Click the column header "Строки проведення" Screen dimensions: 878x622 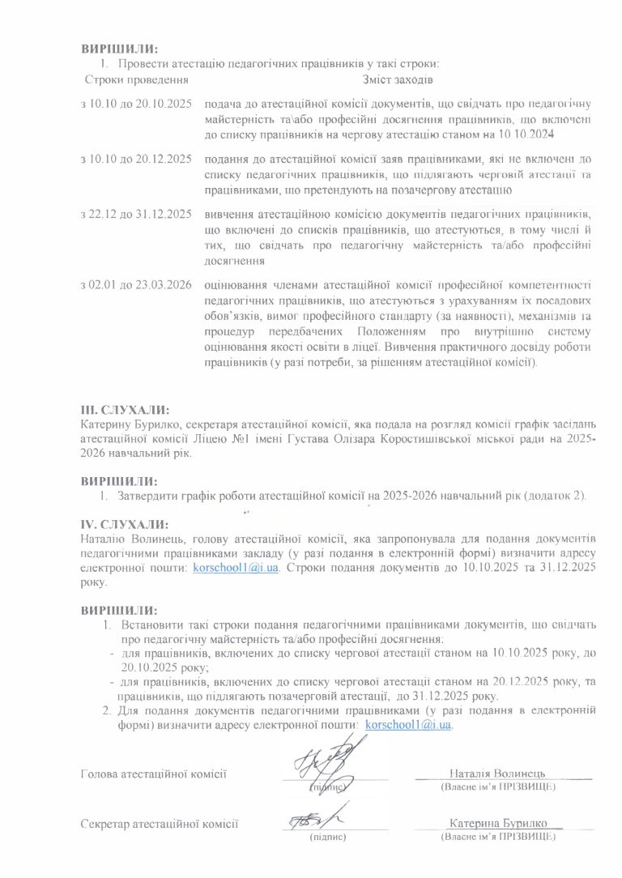(x=136, y=80)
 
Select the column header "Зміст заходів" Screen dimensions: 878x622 (x=397, y=80)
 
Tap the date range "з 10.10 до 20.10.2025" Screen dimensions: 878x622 (x=136, y=104)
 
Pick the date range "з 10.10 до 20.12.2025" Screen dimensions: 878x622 (x=136, y=162)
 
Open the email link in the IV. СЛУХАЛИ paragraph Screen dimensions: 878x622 (x=236, y=568)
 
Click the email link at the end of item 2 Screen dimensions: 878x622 (x=408, y=725)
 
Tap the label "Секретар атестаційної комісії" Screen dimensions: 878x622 (x=160, y=824)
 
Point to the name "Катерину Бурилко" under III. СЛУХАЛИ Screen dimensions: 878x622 (x=128, y=424)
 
